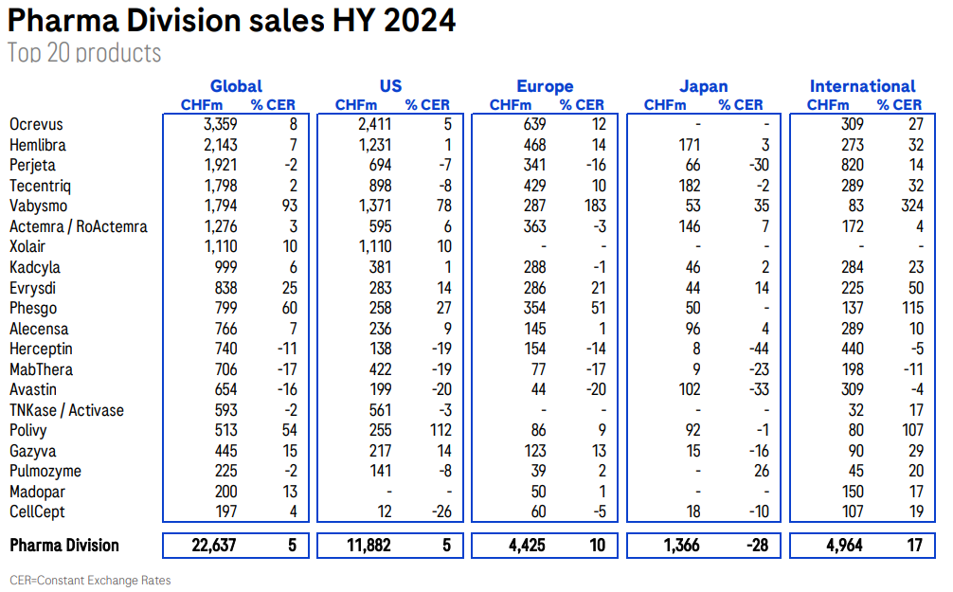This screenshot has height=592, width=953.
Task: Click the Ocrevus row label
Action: [36, 125]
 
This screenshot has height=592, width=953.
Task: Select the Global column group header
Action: [236, 86]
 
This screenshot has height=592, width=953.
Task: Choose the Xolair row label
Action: [28, 247]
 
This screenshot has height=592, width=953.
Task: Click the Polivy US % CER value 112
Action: [436, 431]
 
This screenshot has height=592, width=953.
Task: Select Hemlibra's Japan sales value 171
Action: [688, 145]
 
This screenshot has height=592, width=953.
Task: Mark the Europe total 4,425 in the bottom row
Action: [521, 546]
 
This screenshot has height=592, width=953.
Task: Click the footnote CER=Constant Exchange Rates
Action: [90, 580]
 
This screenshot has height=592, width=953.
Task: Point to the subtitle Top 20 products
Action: [84, 53]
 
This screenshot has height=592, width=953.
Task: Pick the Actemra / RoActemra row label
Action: [78, 227]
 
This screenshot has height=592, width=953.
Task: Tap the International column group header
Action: [862, 86]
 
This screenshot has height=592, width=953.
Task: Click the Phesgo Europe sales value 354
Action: [532, 309]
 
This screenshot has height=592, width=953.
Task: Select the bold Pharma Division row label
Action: [63, 546]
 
